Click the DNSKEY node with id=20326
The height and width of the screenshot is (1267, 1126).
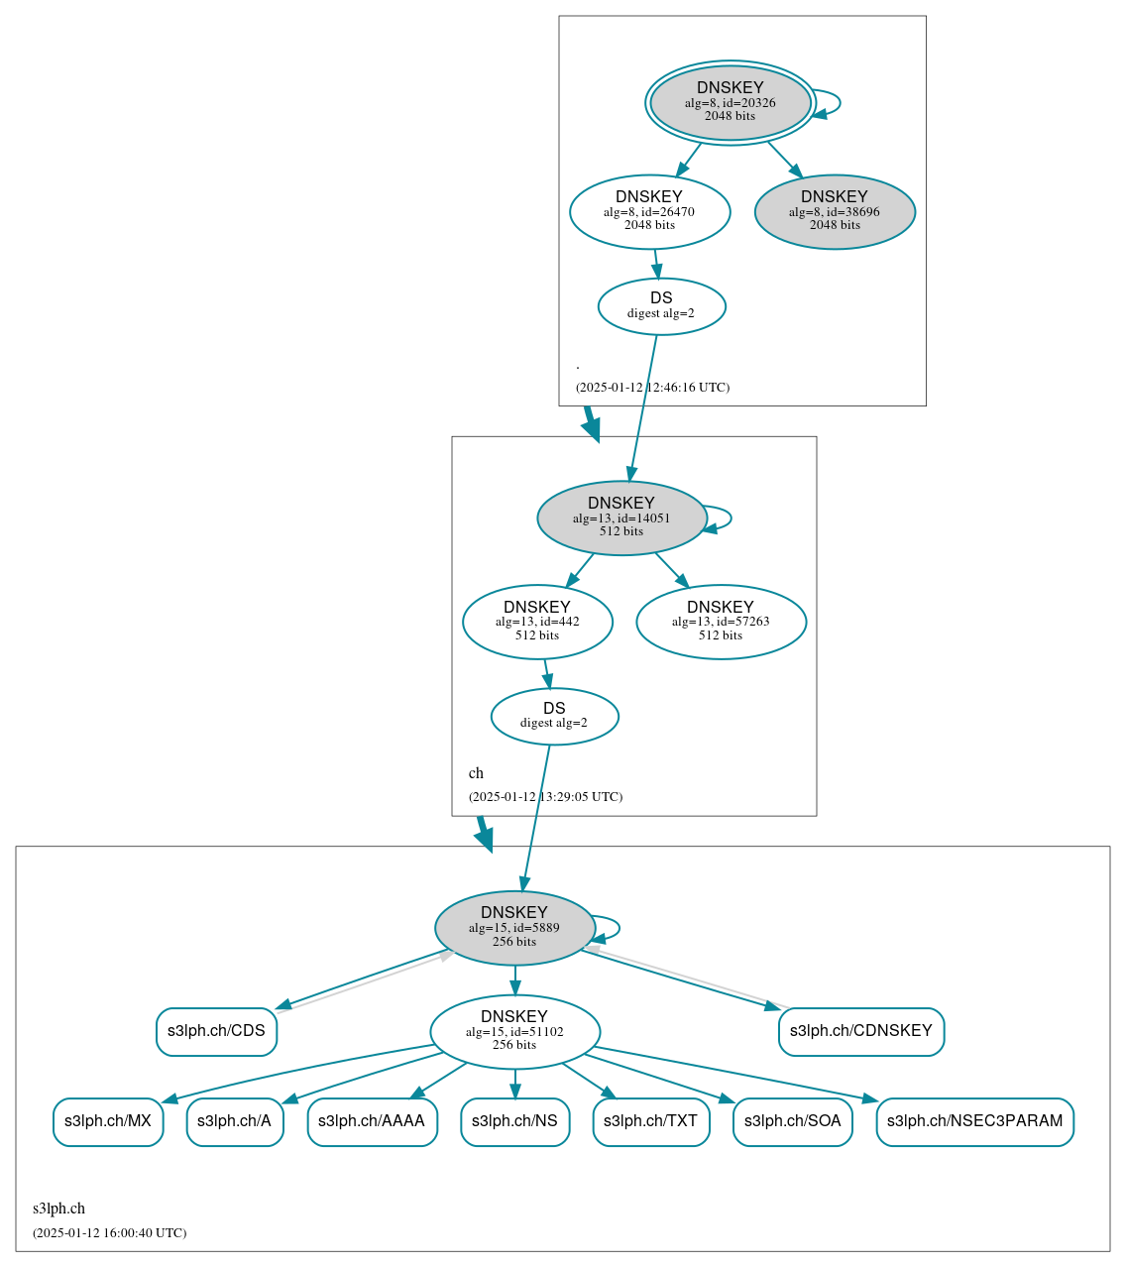(x=731, y=102)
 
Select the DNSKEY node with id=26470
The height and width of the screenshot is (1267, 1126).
(x=649, y=211)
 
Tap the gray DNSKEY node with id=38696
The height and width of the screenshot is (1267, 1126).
(x=835, y=211)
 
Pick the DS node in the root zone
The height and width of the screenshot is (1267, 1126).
(x=661, y=306)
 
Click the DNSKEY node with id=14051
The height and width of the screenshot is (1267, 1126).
(x=621, y=518)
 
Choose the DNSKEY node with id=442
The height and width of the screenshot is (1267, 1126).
(x=537, y=622)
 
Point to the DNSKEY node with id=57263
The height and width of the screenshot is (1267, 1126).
(x=721, y=622)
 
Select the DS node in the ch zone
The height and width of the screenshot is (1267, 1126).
(x=554, y=716)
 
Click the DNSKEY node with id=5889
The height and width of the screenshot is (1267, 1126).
(x=514, y=928)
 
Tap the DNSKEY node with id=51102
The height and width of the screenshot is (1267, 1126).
(x=514, y=1031)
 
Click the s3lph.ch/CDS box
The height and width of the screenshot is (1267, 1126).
(x=216, y=1031)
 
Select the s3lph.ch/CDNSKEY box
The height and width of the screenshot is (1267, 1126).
(x=860, y=1031)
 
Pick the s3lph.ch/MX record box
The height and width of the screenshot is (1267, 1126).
(x=108, y=1121)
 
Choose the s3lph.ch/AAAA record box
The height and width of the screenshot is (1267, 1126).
(x=372, y=1121)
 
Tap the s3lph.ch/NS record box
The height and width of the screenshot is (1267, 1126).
(x=514, y=1121)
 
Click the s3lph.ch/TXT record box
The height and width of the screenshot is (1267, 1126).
(x=650, y=1121)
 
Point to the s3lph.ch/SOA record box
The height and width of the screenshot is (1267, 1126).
(x=792, y=1121)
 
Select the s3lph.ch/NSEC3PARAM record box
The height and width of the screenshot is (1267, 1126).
(x=974, y=1121)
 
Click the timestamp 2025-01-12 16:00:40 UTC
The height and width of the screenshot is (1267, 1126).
(x=109, y=1233)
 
